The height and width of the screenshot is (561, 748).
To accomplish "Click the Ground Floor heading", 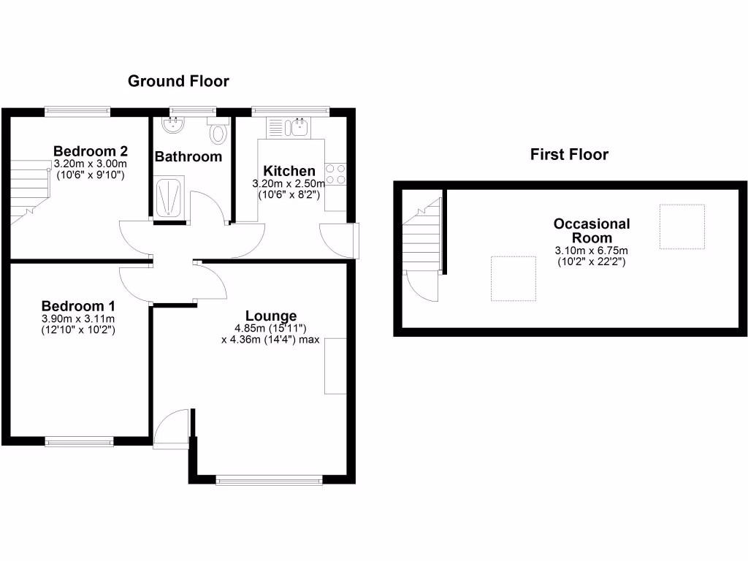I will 178,81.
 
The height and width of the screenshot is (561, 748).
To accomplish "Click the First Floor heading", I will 569,154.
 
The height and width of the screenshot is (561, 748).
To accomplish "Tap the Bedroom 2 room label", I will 91,151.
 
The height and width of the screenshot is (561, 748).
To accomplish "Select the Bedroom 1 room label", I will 78,305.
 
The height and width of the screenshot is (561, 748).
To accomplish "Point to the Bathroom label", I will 188,156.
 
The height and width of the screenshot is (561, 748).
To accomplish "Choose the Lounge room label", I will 270,316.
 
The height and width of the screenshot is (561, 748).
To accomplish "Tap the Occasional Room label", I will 592,231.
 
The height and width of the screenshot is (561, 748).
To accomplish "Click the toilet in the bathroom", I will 218,133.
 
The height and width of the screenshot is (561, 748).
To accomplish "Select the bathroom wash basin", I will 174,124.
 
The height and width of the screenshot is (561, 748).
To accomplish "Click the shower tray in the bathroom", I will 172,196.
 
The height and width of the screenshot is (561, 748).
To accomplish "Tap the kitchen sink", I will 299,128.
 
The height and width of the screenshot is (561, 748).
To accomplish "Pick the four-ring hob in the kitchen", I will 335,174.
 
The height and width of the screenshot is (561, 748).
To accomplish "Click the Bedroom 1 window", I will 79,440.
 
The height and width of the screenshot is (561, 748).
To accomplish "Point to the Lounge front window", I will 270,480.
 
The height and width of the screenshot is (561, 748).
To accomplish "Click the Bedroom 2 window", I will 77,111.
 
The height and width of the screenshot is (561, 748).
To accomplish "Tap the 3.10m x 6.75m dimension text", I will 592,251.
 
